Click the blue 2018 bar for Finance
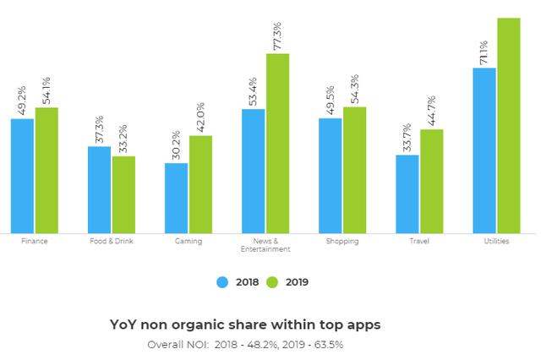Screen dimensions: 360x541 point(23,176)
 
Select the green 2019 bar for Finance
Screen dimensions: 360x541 point(46,170)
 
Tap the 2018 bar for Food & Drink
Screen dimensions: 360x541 point(100,189)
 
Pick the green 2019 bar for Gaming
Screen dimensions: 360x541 point(200,183)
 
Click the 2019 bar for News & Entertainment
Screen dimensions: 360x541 point(277,143)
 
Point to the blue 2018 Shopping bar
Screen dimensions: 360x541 point(331,175)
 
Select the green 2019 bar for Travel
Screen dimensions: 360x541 point(431,181)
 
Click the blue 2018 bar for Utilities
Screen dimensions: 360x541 point(484,150)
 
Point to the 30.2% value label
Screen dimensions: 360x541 point(177,145)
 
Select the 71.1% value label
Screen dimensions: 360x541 point(484,52)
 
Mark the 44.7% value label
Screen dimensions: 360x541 point(431,112)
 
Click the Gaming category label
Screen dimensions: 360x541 point(189,242)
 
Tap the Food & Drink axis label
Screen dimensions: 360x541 point(112,242)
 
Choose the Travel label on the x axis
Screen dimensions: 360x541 point(419,242)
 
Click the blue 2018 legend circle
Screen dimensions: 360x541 point(223,282)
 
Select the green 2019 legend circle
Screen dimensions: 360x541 point(272,282)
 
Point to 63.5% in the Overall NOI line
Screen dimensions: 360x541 point(326,344)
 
